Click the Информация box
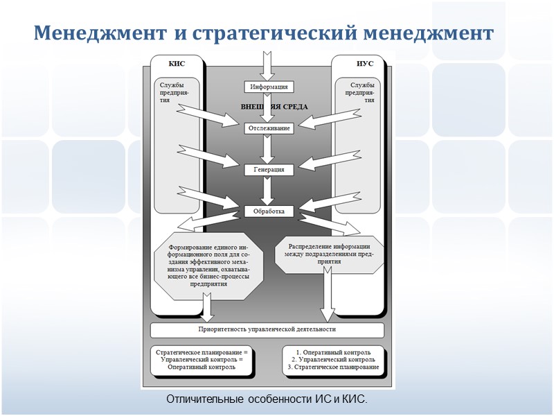[x=265, y=87]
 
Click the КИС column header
[x=177, y=64]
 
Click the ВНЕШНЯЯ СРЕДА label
[x=274, y=107]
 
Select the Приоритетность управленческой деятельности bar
[x=267, y=329]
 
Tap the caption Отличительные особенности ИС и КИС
[x=267, y=401]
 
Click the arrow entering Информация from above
[x=265, y=67]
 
